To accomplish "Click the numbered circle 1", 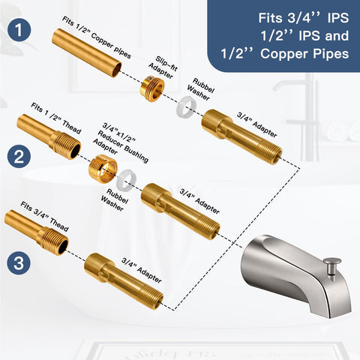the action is pyautogui.click(x=19, y=30).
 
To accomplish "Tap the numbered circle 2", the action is pyautogui.click(x=19, y=157).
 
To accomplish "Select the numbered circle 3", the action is pyautogui.click(x=19, y=263).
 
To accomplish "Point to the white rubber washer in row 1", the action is pyautogui.click(x=186, y=106).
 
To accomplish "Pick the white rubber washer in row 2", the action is pyautogui.click(x=127, y=179).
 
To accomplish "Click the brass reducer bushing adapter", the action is pyautogui.click(x=103, y=169).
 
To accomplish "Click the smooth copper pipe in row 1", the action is pyautogui.click(x=87, y=52).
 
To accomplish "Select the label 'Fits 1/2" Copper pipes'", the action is pyautogui.click(x=97, y=37).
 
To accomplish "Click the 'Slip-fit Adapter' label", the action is pyautogui.click(x=163, y=67).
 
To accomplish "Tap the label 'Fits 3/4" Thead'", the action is pyautogui.click(x=44, y=217).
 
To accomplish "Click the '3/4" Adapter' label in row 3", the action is pyautogui.click(x=142, y=270).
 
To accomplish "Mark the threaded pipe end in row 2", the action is pyautogui.click(x=49, y=136).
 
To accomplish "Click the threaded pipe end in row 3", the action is pyautogui.click(x=37, y=232).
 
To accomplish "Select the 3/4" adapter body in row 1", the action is pyautogui.click(x=241, y=136).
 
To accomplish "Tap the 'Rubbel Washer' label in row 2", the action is pyautogui.click(x=115, y=199).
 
